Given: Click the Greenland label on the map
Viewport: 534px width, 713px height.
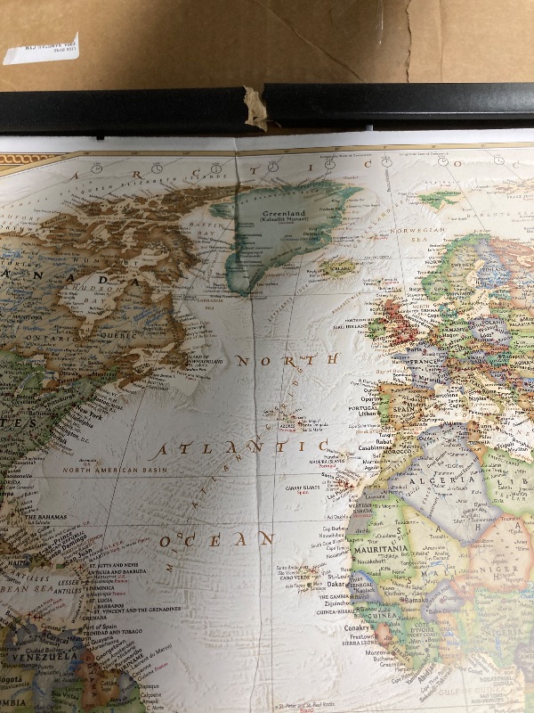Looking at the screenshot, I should [x=282, y=214].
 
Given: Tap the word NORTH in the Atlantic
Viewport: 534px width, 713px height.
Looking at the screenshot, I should [x=287, y=360].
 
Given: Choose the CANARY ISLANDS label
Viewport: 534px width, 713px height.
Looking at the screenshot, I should [x=303, y=487].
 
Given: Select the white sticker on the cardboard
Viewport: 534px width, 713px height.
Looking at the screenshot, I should [x=41, y=49].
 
